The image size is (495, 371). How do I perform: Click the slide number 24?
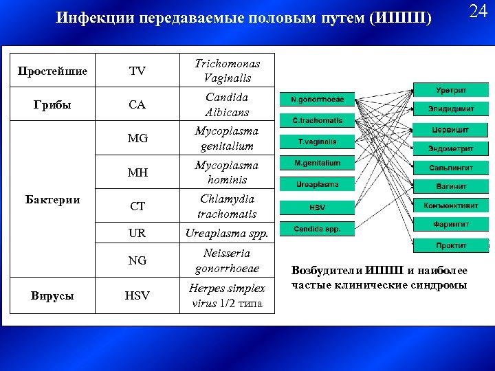pyautogui.click(x=478, y=12)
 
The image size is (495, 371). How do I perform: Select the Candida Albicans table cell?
pyautogui.click(x=227, y=104)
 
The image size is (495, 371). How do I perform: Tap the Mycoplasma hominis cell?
pyautogui.click(x=227, y=172)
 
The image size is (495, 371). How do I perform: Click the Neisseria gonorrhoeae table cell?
pyautogui.click(x=227, y=261)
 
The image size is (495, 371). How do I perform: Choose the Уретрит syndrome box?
pyautogui.click(x=450, y=90)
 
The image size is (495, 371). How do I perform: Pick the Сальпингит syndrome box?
pyautogui.click(x=450, y=167)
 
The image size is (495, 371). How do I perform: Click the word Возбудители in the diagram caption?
pyautogui.click(x=327, y=271)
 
